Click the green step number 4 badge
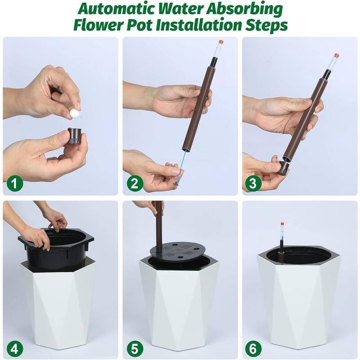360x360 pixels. pyautogui.click(x=15, y=348)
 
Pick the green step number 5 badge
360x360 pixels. pyautogui.click(x=135, y=348)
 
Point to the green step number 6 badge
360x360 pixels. pyautogui.click(x=253, y=348)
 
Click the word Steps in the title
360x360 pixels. pyautogui.click(x=266, y=25)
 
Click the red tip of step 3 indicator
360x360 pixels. pyautogui.click(x=336, y=55)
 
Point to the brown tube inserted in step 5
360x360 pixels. pyautogui.click(x=158, y=225)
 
